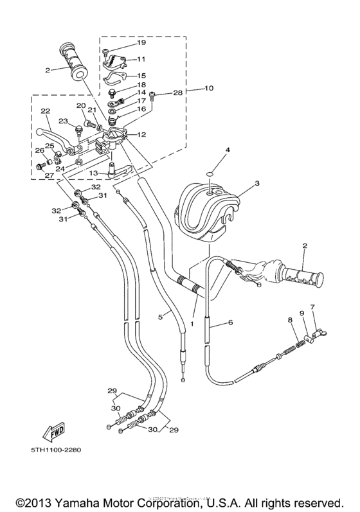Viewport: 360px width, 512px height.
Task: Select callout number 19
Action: (x=141, y=42)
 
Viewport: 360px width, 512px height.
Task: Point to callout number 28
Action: (x=178, y=94)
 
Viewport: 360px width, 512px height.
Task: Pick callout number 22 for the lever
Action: (x=45, y=111)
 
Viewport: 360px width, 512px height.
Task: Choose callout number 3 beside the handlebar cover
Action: (x=256, y=183)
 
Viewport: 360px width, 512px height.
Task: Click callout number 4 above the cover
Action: (x=209, y=150)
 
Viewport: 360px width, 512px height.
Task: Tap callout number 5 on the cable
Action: (x=161, y=315)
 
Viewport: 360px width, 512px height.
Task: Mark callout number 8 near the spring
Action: (x=290, y=319)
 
